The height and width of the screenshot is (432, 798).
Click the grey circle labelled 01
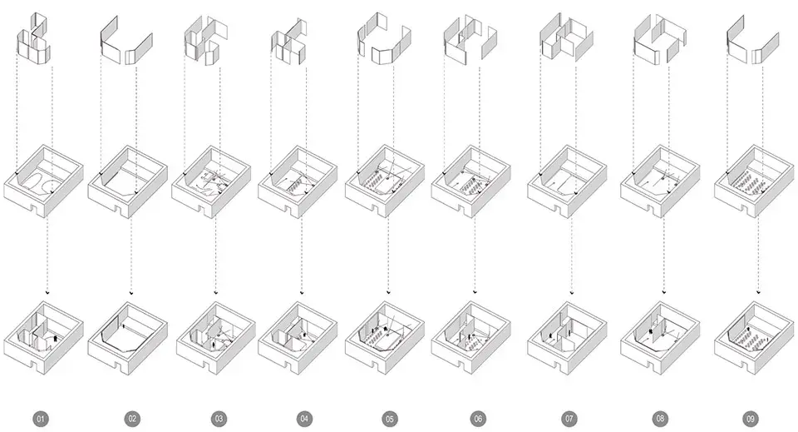pos(40,419)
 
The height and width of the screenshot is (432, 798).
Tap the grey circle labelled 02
pos(131,419)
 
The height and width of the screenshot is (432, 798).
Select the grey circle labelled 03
pos(219,419)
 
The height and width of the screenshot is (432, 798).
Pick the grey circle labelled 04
pos(304,419)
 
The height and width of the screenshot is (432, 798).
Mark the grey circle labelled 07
pos(569,419)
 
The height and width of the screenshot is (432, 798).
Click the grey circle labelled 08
pos(661,419)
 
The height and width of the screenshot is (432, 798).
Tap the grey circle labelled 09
pos(752,419)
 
